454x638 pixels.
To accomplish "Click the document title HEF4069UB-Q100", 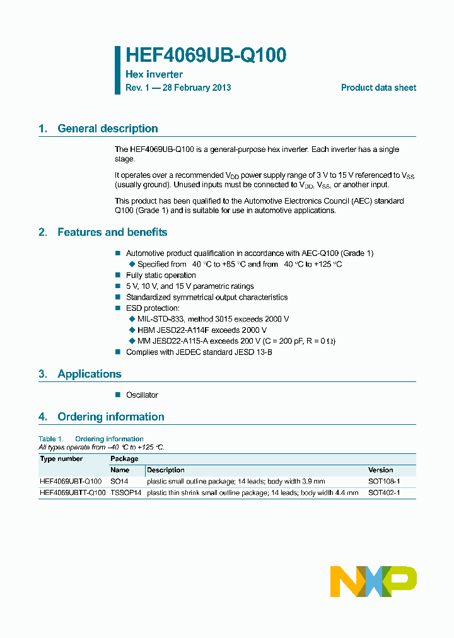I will (206, 55).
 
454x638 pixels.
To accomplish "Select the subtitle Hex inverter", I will (154, 74).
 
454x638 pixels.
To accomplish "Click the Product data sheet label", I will (378, 88).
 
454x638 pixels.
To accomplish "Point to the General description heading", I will (107, 129).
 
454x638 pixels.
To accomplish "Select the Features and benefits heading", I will (112, 233).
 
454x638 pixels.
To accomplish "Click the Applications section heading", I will (89, 374).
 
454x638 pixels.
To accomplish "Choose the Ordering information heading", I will (110, 417).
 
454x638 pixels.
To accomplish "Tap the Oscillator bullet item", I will (142, 395).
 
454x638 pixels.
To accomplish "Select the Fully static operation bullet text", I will (161, 275).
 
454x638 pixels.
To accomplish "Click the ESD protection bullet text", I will (153, 308).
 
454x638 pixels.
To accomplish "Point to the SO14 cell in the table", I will (119, 481).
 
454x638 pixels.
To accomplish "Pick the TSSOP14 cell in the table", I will (125, 492).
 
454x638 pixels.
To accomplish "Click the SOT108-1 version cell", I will (384, 481).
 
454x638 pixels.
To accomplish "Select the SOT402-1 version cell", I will (384, 492).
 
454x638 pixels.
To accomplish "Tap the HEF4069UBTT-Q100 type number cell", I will (73, 492).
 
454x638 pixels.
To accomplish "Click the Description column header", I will (166, 470).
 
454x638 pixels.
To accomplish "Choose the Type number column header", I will (61, 459).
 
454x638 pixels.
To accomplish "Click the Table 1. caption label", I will (51, 439).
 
